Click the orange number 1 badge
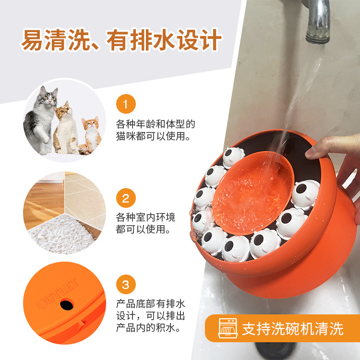[126, 104]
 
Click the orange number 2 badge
[126, 198]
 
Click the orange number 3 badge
[126, 285]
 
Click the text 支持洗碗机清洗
[293, 328]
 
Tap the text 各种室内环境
[146, 217]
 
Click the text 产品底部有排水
[151, 304]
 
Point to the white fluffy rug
[60, 235]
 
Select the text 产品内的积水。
[148, 329]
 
